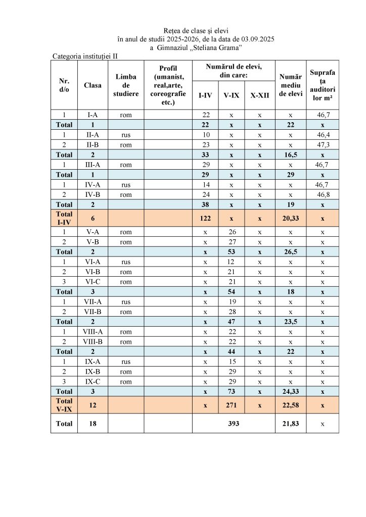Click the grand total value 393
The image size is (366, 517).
click(x=233, y=424)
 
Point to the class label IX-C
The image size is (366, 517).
click(x=93, y=381)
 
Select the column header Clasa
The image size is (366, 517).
click(x=93, y=85)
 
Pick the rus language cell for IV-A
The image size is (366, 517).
click(x=126, y=185)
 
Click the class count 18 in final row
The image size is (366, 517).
click(x=93, y=424)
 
